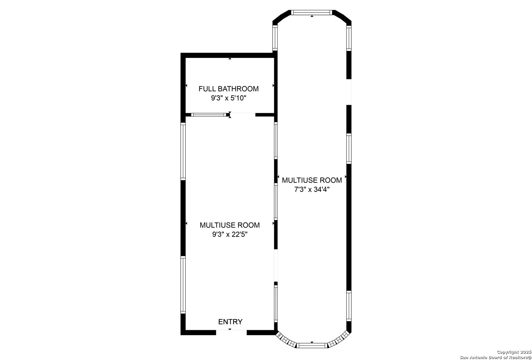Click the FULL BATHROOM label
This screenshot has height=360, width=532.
(228, 89)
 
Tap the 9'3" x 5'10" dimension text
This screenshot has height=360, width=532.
(229, 98)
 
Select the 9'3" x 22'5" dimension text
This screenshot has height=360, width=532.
(230, 234)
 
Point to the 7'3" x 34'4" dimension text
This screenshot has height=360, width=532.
(312, 189)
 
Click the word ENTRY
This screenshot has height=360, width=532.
(230, 322)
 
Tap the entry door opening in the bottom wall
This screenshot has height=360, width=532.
(231, 332)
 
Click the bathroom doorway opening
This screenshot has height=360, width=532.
(243, 115)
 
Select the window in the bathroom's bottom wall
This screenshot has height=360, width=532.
(209, 115)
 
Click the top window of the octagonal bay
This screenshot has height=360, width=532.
(312, 13)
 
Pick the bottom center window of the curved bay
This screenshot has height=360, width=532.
(312, 346)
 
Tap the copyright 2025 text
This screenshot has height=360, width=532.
(514, 352)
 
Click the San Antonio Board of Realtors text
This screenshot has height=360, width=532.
(495, 357)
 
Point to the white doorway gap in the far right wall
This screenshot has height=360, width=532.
(349, 92)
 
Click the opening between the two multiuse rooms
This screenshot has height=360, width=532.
(276, 265)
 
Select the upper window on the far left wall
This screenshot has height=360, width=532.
(183, 151)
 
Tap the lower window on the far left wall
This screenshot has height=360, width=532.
(183, 285)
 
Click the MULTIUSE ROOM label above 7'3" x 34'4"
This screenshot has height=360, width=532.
(312, 180)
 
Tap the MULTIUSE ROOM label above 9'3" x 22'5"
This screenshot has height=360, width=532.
(230, 225)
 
